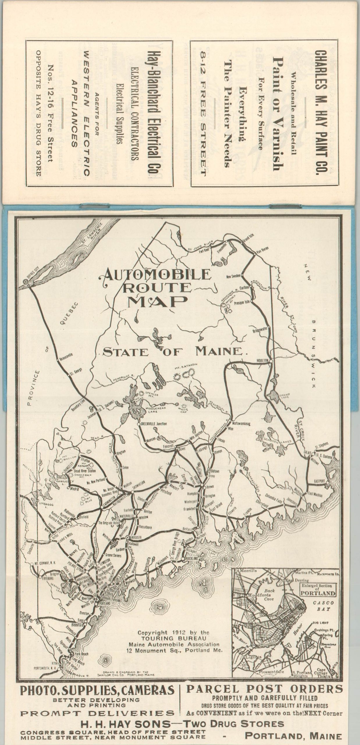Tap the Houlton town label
coord(262,360)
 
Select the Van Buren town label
coord(263,249)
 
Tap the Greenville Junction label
coord(154,424)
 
